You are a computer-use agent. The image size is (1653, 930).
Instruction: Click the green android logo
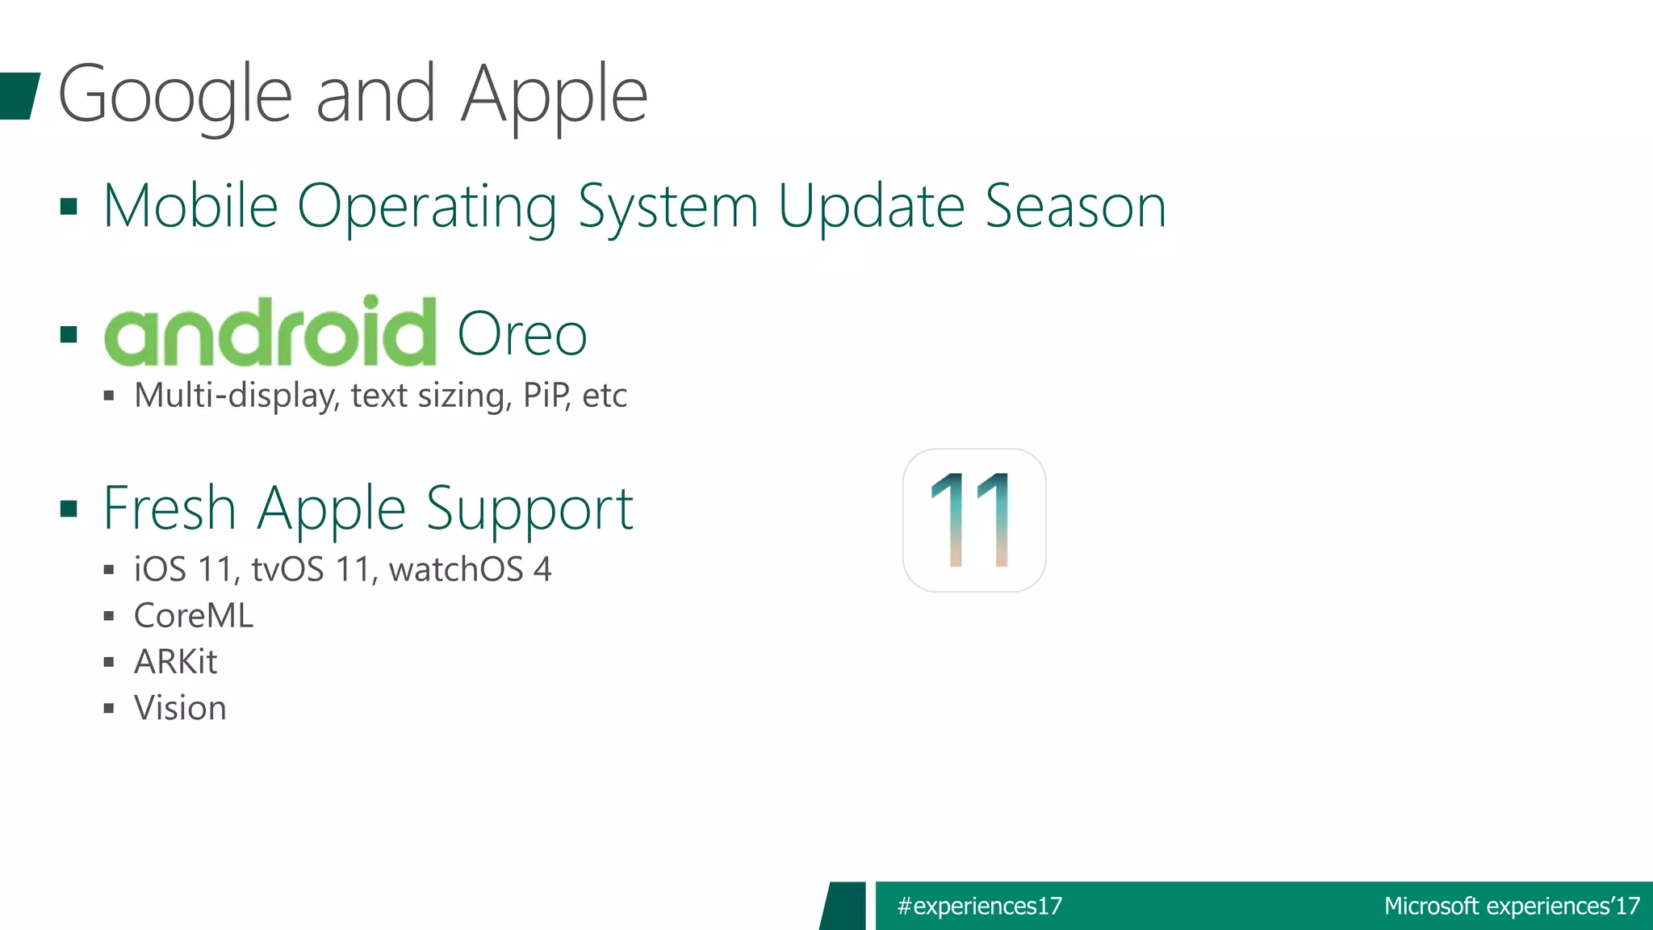270,332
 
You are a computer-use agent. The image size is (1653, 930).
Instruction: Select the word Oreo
522,334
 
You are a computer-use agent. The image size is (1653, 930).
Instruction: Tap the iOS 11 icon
974,521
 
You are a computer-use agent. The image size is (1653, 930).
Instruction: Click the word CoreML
194,616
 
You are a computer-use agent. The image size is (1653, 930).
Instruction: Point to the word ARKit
175,662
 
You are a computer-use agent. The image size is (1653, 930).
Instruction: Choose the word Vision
180,708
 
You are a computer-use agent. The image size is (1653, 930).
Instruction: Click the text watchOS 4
470,570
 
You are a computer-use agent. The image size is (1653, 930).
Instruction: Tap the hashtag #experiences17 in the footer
979,906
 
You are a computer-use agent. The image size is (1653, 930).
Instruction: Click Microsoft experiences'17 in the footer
1511,906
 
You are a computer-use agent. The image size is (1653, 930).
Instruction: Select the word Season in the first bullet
1075,207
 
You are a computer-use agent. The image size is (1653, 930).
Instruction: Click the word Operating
427,208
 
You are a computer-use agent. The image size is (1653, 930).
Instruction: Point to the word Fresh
169,509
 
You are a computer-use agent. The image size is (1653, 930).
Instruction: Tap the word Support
529,510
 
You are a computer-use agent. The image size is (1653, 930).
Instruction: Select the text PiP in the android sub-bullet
546,396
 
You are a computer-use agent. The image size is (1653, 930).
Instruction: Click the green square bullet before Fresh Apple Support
69,509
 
